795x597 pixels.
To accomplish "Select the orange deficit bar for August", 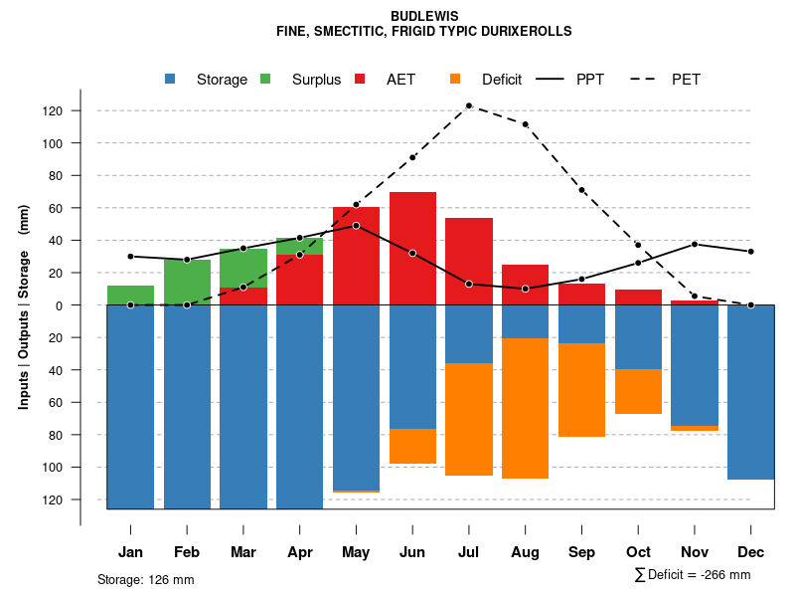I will click(x=525, y=408).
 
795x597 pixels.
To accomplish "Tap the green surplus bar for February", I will click(x=187, y=282).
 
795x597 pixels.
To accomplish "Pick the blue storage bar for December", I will click(x=750, y=392).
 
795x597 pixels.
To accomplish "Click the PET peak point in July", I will click(x=469, y=105).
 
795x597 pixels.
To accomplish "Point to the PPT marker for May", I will click(x=356, y=226).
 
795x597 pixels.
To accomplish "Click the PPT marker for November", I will click(x=695, y=244).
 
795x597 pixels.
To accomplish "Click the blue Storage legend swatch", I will click(x=172, y=79).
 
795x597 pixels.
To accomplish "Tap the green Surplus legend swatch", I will click(x=266, y=79).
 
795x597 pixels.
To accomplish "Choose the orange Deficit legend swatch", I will click(x=456, y=79).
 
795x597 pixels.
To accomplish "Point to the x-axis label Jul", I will click(x=469, y=552).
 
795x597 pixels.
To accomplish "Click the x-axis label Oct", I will click(x=638, y=552).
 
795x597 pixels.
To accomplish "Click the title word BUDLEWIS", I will click(x=423, y=17).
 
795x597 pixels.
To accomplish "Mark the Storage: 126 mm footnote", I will click(x=145, y=579).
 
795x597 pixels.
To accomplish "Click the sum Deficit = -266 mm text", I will click(x=693, y=575).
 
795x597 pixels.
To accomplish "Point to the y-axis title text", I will click(x=24, y=304).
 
